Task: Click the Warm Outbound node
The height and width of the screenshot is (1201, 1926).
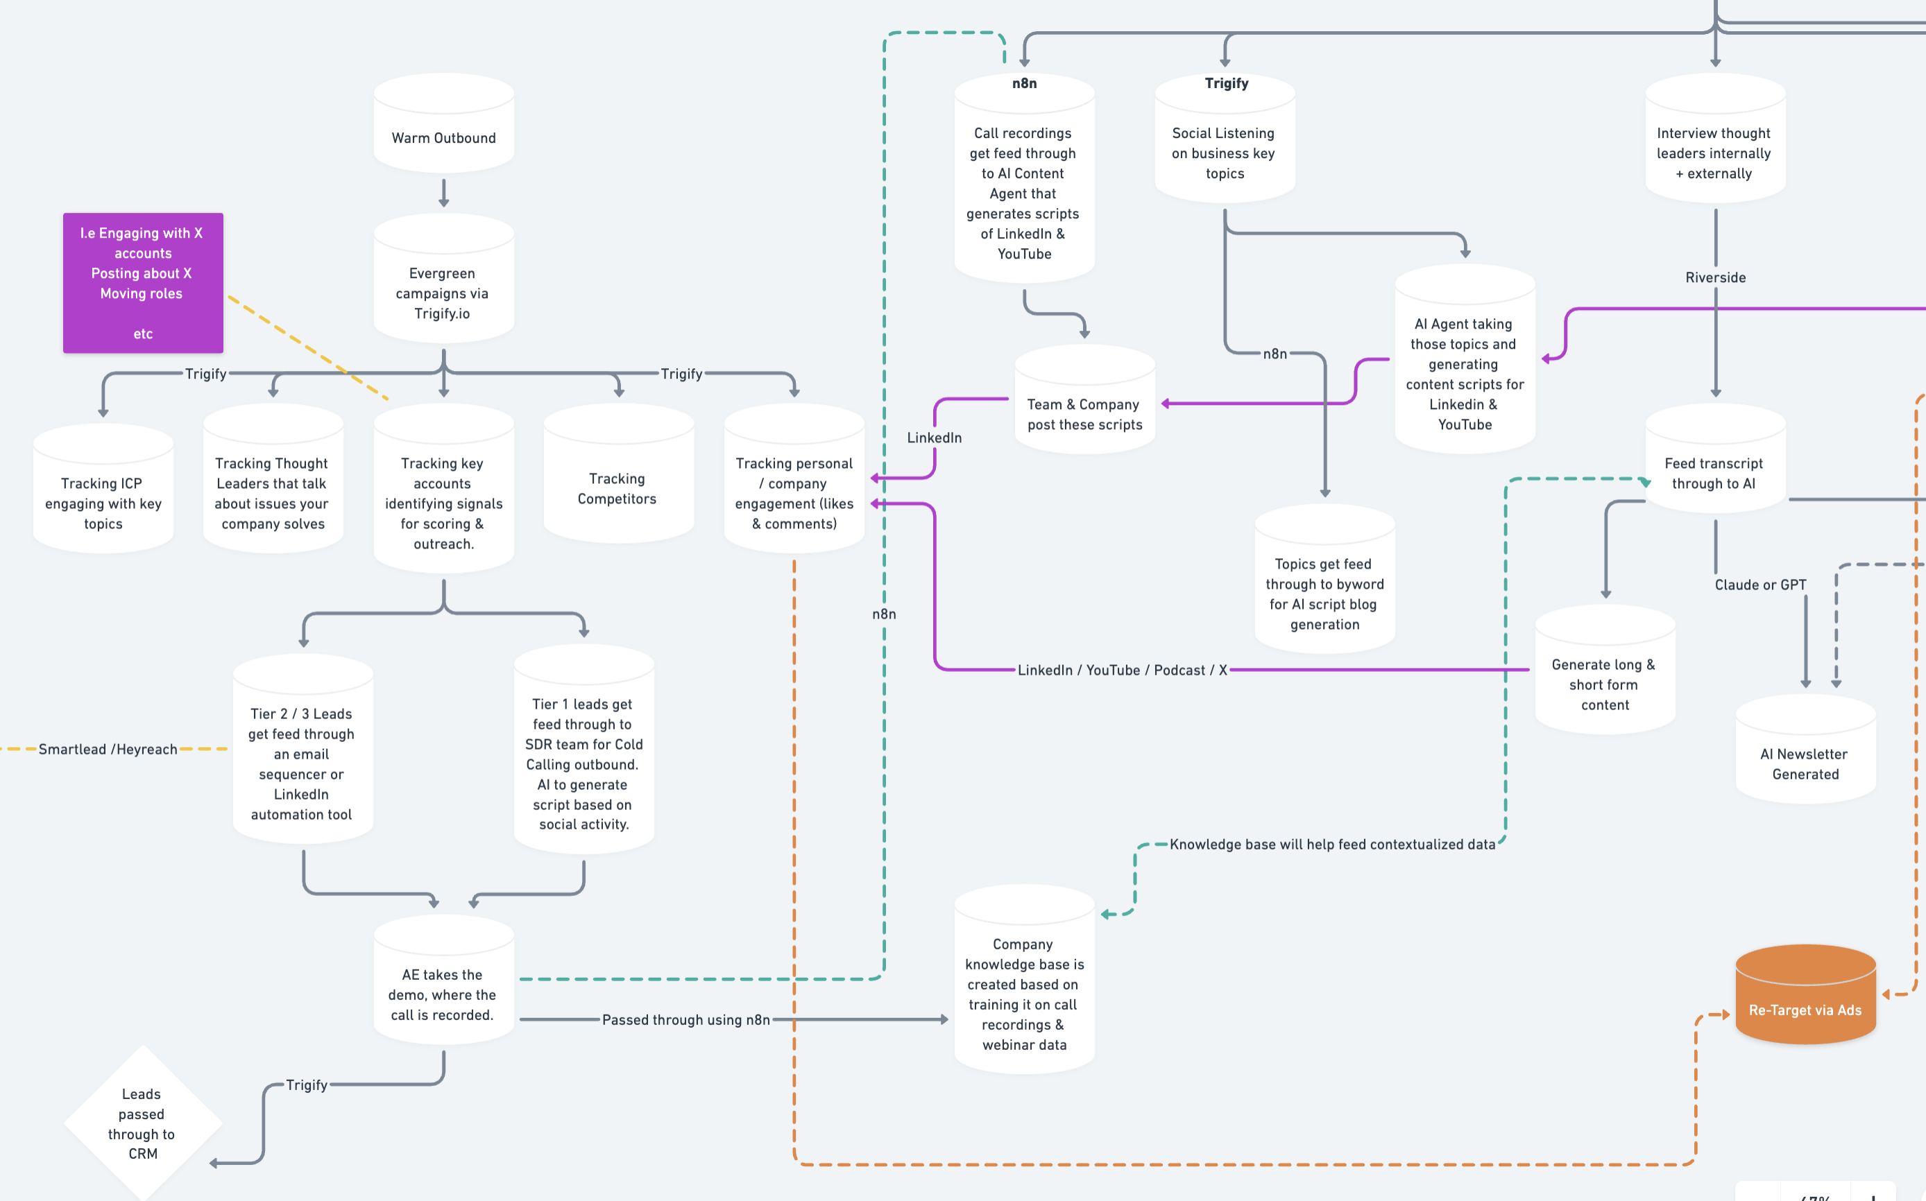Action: click(x=443, y=130)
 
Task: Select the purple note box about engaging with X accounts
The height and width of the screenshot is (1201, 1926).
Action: click(x=143, y=283)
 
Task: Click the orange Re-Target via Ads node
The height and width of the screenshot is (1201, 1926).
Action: click(x=1805, y=1001)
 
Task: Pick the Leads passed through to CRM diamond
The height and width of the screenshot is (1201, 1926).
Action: click(x=142, y=1123)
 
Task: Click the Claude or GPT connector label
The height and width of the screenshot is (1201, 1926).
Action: click(x=1759, y=585)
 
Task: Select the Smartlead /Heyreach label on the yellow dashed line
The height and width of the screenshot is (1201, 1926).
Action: click(x=108, y=749)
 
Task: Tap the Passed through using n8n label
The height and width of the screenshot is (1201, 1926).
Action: click(x=685, y=1019)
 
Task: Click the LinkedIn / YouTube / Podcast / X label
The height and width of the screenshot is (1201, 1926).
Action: click(x=1122, y=670)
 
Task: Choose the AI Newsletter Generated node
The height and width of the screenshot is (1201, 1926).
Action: click(x=1805, y=759)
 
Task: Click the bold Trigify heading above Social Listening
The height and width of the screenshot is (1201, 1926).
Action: click(x=1225, y=83)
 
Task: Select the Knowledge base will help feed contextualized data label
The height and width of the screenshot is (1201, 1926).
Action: click(x=1331, y=845)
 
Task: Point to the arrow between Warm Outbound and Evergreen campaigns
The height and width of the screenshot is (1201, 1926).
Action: click(x=443, y=193)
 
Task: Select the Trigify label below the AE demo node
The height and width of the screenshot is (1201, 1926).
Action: click(x=306, y=1085)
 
